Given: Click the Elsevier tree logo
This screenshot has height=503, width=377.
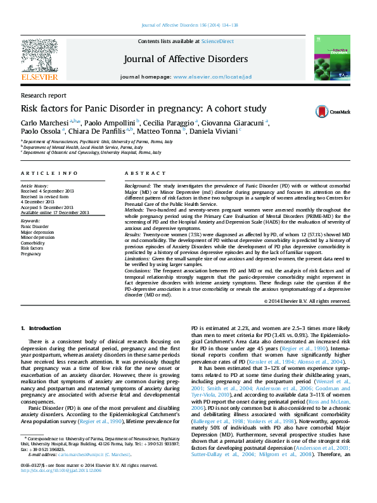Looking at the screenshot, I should (x=39, y=55).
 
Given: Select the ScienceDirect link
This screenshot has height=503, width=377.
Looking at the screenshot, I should (x=217, y=41).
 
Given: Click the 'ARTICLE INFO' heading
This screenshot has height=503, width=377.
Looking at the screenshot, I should (x=42, y=174).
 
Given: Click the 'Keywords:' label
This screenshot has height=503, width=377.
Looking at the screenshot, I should (x=30, y=220).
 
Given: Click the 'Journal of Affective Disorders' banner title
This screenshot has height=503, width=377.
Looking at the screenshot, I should (x=186, y=60).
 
